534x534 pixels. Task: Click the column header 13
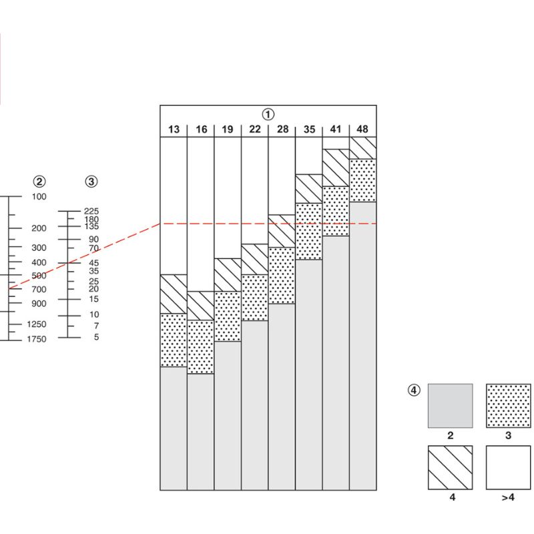tap(174, 129)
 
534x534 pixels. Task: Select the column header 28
tap(282, 129)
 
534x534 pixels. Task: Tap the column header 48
tap(362, 129)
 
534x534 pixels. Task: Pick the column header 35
tap(309, 129)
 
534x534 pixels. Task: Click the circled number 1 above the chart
tap(268, 114)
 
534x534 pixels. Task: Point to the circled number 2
tap(40, 182)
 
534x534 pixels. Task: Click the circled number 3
tap(91, 182)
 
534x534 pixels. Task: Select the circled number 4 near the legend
tap(415, 390)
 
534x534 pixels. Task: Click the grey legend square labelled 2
tap(450, 405)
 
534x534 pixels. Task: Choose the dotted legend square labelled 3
tap(508, 405)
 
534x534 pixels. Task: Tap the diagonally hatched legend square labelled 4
tap(450, 467)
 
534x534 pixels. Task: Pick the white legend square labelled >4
tap(508, 467)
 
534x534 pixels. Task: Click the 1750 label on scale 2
tap(38, 339)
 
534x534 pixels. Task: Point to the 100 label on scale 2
tap(39, 197)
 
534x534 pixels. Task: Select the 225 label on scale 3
tap(91, 211)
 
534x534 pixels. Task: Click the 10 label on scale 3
tap(93, 315)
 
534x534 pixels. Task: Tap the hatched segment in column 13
tap(174, 294)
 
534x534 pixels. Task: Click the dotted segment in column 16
tap(200, 346)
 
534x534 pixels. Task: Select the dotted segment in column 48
tap(362, 180)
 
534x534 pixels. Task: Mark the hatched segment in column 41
tap(336, 168)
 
